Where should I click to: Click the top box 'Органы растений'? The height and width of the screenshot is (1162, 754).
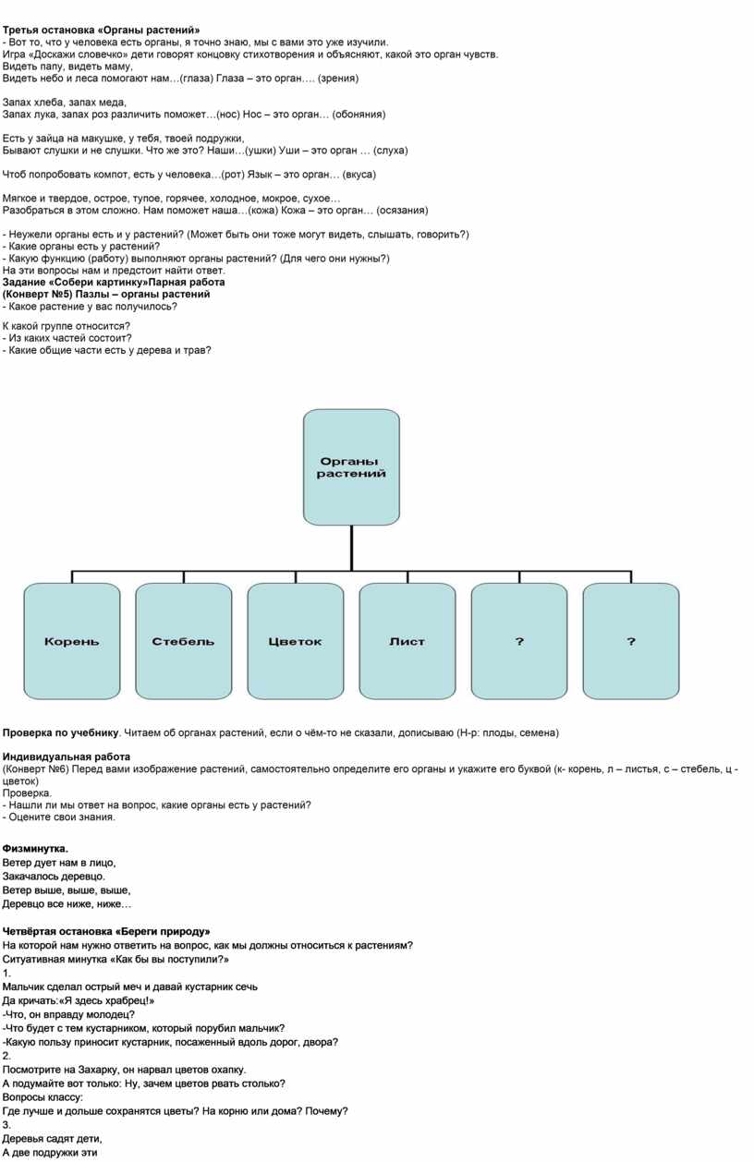point(351,466)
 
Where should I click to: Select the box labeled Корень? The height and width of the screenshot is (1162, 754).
point(72,641)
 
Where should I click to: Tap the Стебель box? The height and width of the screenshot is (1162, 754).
point(184,641)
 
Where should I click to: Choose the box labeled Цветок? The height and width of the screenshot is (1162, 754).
point(296,641)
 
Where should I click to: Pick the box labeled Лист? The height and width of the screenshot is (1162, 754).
point(407,641)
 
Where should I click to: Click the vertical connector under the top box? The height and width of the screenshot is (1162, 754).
point(351,548)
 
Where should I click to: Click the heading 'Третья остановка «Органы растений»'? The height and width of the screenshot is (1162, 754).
point(102,30)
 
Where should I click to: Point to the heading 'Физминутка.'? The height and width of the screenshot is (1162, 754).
point(35,849)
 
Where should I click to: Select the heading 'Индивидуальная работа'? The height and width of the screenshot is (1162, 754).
point(67,757)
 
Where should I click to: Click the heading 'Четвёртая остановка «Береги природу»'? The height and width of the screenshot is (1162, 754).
point(106,931)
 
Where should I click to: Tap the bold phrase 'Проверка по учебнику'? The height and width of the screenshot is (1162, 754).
point(61,733)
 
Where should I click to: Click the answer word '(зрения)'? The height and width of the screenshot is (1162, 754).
point(338,79)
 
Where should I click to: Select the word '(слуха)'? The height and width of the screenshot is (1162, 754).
point(390,151)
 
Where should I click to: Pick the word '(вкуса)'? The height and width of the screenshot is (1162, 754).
point(359,175)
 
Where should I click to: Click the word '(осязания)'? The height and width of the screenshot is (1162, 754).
point(402,210)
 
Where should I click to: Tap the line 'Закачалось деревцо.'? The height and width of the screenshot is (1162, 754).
point(54,877)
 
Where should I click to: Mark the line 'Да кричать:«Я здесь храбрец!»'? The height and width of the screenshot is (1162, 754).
point(79,1000)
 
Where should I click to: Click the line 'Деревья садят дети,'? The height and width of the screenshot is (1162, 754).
point(52,1139)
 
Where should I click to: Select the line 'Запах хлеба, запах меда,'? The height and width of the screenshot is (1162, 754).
point(65,103)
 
